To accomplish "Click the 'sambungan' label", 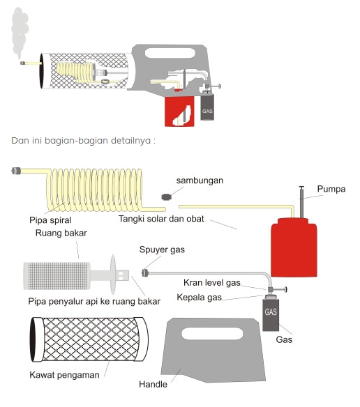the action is click(200, 181).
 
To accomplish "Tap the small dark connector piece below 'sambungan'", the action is click(166, 197).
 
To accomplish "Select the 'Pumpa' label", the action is click(331, 189).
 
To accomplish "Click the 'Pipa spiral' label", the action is click(50, 220).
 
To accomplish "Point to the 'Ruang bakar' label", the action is click(61, 233).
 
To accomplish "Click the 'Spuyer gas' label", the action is click(162, 249).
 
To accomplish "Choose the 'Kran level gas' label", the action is click(212, 283).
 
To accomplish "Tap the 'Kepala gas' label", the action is click(199, 297).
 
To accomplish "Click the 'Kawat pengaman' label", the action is click(64, 375).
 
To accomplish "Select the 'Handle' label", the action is click(153, 384).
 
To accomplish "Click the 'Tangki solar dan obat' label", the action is click(161, 219).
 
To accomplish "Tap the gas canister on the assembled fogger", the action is click(207, 107).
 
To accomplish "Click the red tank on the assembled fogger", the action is click(179, 111).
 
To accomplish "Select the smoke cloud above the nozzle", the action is click(20, 31).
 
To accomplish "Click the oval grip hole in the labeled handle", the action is click(212, 334).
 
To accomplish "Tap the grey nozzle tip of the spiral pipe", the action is click(16, 171).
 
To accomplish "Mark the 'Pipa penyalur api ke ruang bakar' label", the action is click(94, 301).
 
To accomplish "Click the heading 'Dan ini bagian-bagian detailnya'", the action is click(83, 141).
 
